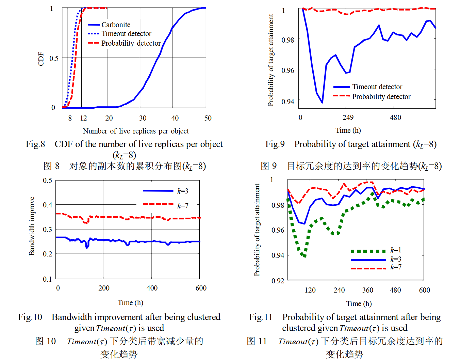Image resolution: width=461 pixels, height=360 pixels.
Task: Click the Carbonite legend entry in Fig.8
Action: click(116, 25)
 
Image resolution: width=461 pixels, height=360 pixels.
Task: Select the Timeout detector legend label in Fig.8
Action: click(126, 34)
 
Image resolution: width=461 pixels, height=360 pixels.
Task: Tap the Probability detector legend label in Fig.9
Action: click(381, 97)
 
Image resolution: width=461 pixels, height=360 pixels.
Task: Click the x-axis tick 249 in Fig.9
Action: click(348, 118)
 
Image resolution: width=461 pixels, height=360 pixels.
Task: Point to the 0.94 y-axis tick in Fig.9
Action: click(288, 101)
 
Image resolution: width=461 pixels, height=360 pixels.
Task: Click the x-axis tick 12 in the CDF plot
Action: click(83, 118)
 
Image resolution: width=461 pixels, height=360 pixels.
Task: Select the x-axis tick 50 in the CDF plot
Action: click(208, 118)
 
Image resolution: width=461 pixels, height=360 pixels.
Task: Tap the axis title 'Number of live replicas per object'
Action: click(136, 131)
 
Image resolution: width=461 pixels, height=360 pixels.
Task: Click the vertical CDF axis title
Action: click(41, 59)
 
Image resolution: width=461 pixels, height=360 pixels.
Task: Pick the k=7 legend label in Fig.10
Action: click(183, 206)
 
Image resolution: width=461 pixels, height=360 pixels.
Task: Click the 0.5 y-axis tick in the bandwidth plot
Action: click(48, 181)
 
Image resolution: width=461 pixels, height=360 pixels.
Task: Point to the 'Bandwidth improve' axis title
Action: click(32, 226)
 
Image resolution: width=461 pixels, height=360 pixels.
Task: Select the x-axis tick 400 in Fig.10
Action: click(152, 288)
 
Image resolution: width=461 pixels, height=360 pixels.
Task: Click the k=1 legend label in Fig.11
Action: click(396, 250)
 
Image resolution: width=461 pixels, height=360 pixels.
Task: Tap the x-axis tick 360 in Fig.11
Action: click(367, 290)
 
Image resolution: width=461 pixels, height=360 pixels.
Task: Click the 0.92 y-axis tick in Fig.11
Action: click(278, 281)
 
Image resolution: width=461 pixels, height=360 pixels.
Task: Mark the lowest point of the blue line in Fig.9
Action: click(322, 102)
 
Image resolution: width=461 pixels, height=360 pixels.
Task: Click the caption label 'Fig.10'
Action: click(30, 317)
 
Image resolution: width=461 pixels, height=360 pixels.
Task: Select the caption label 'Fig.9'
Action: click(275, 144)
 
